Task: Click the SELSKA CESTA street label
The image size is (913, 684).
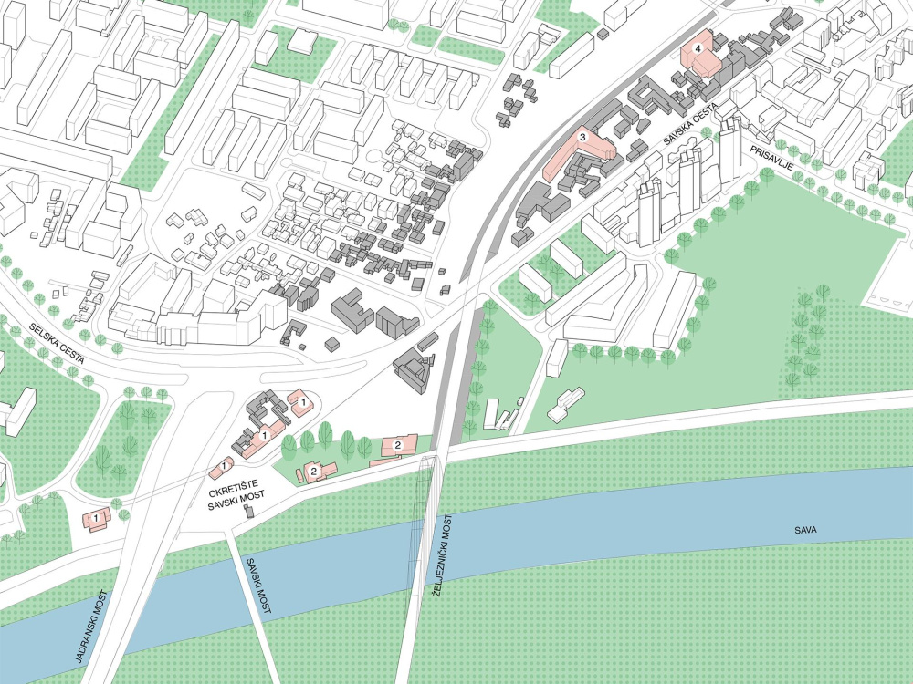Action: (x=56, y=344)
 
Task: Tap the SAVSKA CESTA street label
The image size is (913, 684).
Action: (x=689, y=136)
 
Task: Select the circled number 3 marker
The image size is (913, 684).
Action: (x=582, y=137)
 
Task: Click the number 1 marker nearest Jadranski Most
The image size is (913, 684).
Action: (x=95, y=518)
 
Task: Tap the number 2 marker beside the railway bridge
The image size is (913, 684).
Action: (x=398, y=444)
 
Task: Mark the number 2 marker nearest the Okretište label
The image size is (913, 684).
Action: (x=313, y=471)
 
